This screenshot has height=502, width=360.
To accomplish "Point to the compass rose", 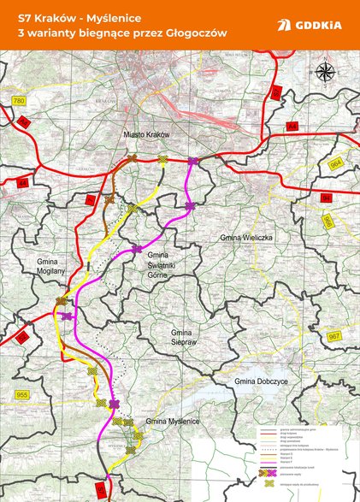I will coord(325,71).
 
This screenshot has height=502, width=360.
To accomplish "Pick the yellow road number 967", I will coord(333,337).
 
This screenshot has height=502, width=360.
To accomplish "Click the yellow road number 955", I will coord(21,394).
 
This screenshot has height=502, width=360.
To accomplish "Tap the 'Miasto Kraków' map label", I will coord(147,135).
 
